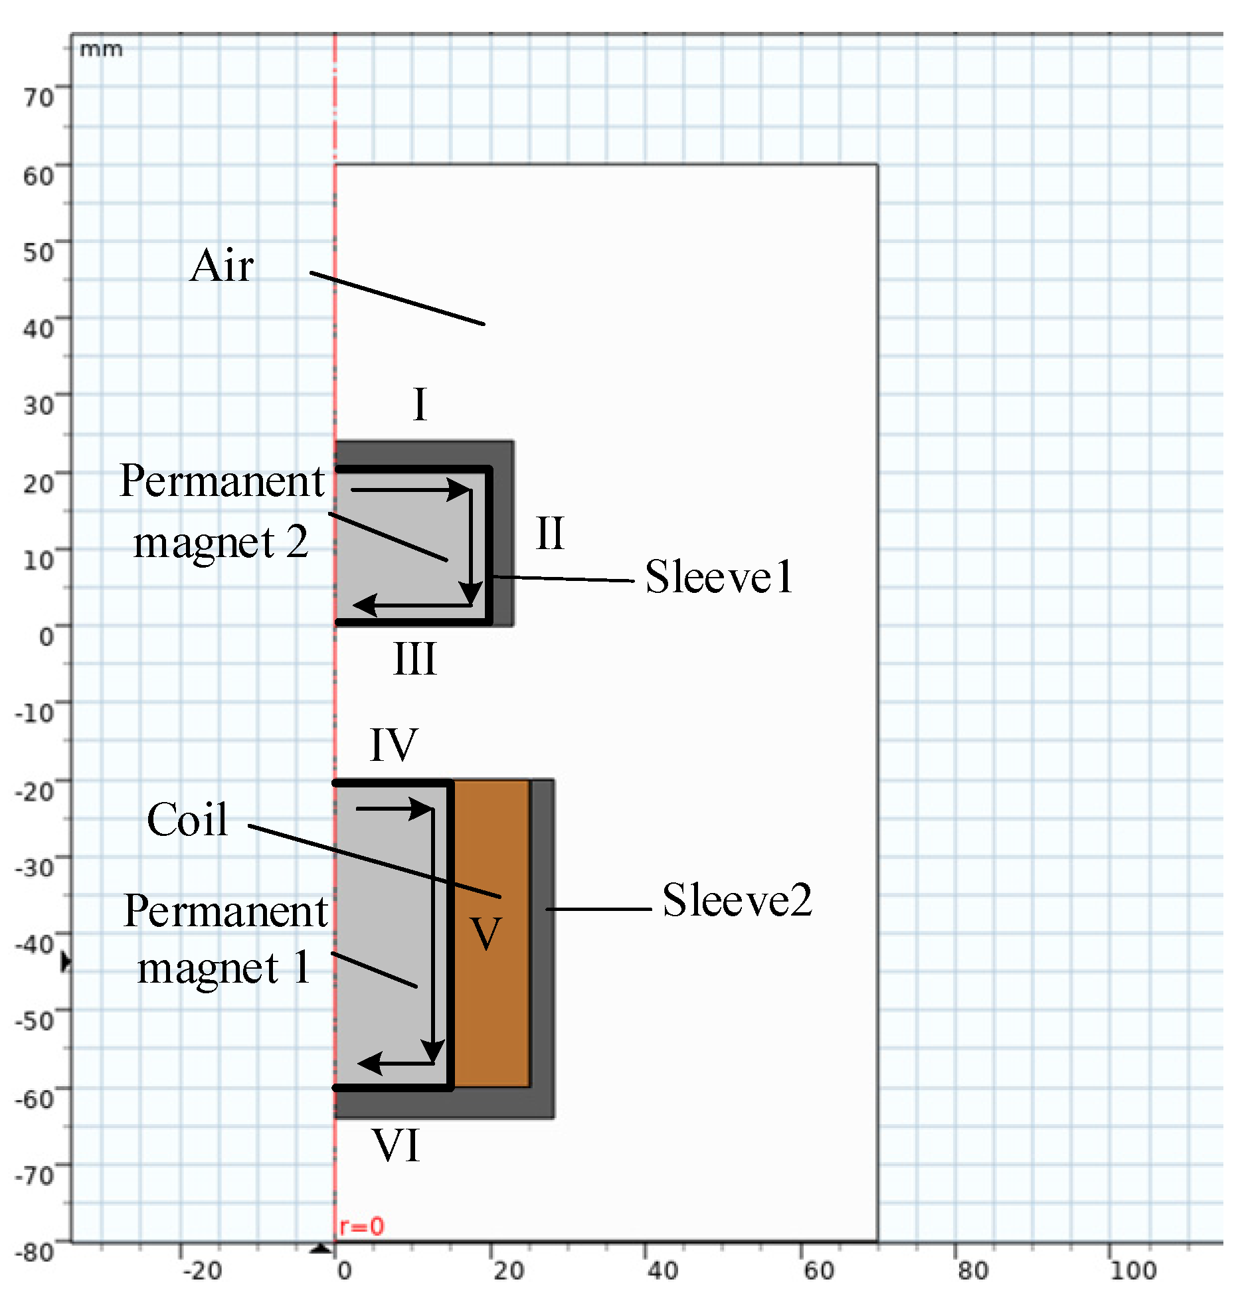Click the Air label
click(221, 266)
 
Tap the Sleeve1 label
click(719, 576)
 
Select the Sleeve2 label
click(737, 900)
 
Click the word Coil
click(187, 819)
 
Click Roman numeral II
click(550, 533)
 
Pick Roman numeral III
click(415, 659)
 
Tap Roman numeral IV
click(394, 745)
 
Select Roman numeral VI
click(397, 1146)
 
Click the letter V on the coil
click(486, 934)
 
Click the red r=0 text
click(361, 1226)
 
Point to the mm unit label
click(101, 50)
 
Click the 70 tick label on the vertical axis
click(39, 98)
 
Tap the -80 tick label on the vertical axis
click(35, 1252)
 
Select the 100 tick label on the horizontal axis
click(1133, 1271)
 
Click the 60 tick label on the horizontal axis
click(818, 1271)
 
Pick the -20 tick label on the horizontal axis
click(202, 1271)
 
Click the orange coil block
click(492, 996)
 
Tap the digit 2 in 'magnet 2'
click(297, 542)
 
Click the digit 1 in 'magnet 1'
click(302, 967)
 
